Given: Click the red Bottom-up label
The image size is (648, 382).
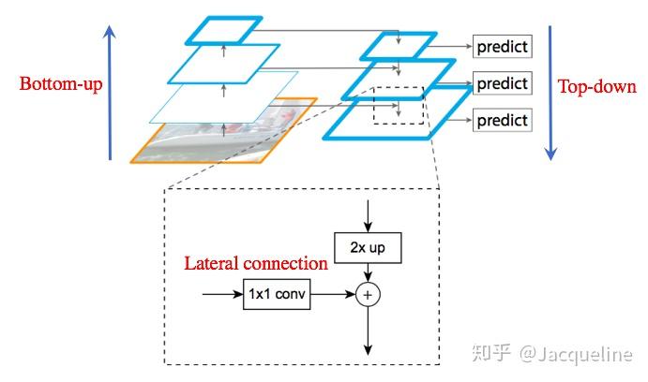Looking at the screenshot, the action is pos(61,83).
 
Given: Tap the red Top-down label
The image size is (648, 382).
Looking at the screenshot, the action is pos(597,87).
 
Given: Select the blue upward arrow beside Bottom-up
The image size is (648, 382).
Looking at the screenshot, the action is pos(110,93).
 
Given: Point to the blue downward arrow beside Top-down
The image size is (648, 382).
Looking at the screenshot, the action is pos(550,93).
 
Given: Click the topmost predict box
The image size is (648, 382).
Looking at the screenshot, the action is pos(502,47).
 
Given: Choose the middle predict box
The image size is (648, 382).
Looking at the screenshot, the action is pos(502,83).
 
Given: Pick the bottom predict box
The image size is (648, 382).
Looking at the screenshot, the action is pos(502,120).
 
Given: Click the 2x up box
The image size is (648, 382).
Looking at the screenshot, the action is pos(368,248).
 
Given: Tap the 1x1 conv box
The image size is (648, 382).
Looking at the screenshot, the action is pos(277,294).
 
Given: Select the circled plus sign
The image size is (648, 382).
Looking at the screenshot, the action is pos(368,295).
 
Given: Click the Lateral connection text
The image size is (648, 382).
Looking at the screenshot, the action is pos(256,263).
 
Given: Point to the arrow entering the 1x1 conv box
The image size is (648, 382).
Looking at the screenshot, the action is pos(223,294).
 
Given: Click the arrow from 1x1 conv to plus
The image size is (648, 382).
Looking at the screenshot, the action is pos(333,294).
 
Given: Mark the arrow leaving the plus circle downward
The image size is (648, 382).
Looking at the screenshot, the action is pos(368,331).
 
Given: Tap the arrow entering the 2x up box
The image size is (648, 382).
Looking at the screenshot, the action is pos(368,216).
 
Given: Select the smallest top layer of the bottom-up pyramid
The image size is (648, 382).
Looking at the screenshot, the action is pos(224,30).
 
